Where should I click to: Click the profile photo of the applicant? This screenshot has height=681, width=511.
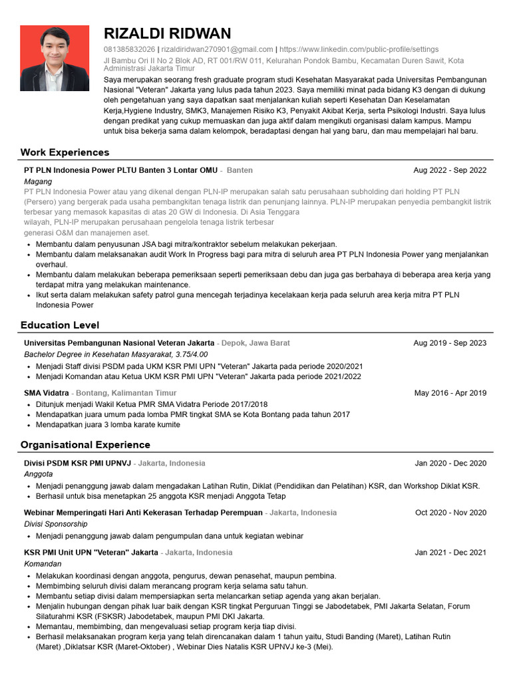(55, 58)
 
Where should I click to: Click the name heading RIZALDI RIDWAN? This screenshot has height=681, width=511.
(168, 34)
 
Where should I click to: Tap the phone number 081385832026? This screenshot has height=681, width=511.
(130, 49)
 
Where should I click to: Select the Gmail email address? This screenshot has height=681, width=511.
(217, 49)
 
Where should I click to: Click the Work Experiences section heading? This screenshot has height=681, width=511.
(65, 152)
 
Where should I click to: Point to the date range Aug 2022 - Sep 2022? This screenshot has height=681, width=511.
(450, 170)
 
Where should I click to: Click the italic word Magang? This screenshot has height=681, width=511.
(38, 181)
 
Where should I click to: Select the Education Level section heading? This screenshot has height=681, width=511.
(60, 325)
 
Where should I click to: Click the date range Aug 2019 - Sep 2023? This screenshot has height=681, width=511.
(450, 343)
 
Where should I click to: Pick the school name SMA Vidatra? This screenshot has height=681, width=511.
(47, 393)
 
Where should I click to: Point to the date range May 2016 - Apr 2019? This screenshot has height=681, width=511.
(450, 393)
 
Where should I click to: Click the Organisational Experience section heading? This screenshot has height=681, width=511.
(85, 444)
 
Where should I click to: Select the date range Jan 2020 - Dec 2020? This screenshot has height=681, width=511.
(450, 463)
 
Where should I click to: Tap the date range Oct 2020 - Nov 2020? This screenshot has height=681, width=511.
(450, 513)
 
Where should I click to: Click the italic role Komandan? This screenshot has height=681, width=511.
(43, 563)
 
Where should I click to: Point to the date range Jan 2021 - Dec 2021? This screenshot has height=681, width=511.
(450, 552)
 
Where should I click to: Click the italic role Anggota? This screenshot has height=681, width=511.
(39, 474)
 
